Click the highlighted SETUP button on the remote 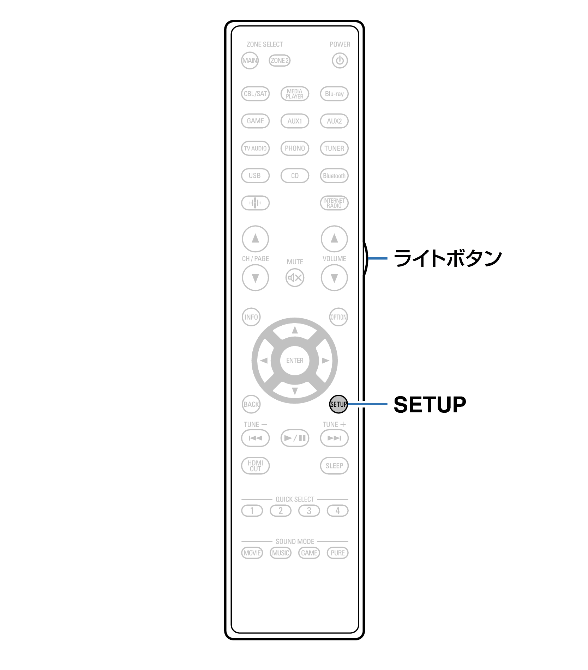point(338,404)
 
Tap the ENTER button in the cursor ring point(295,361)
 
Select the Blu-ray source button point(334,94)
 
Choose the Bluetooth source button point(334,176)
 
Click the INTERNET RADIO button point(334,203)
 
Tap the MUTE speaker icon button point(295,278)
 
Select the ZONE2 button point(280,61)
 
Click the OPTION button point(338,317)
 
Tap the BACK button point(251,404)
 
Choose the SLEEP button point(334,466)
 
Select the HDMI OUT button point(255,466)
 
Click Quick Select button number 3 point(309,511)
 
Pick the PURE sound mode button point(338,553)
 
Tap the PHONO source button point(295,148)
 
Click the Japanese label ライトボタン point(448,258)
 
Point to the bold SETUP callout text point(430,404)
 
